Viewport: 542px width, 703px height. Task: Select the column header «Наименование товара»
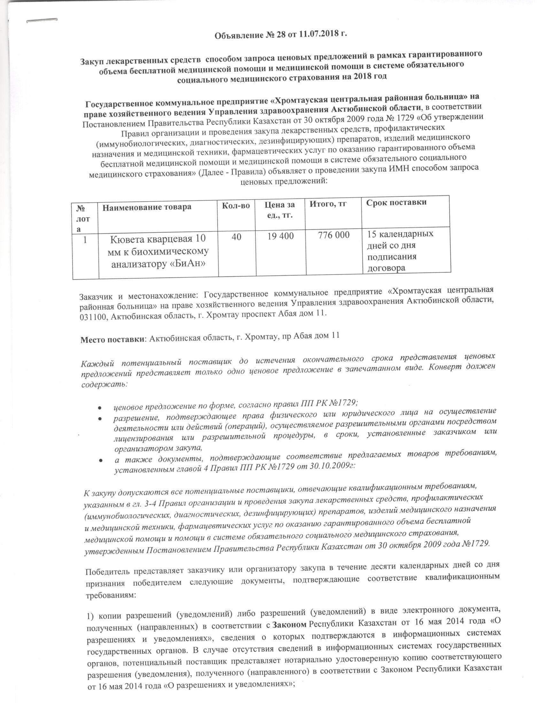coord(147,207)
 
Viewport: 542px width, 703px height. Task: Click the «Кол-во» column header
coord(236,205)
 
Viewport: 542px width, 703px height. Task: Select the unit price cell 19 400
coord(281,236)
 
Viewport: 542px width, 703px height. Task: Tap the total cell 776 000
coord(333,235)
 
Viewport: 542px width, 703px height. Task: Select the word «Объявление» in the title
coord(236,35)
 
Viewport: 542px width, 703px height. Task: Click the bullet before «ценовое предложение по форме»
coord(100,408)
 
